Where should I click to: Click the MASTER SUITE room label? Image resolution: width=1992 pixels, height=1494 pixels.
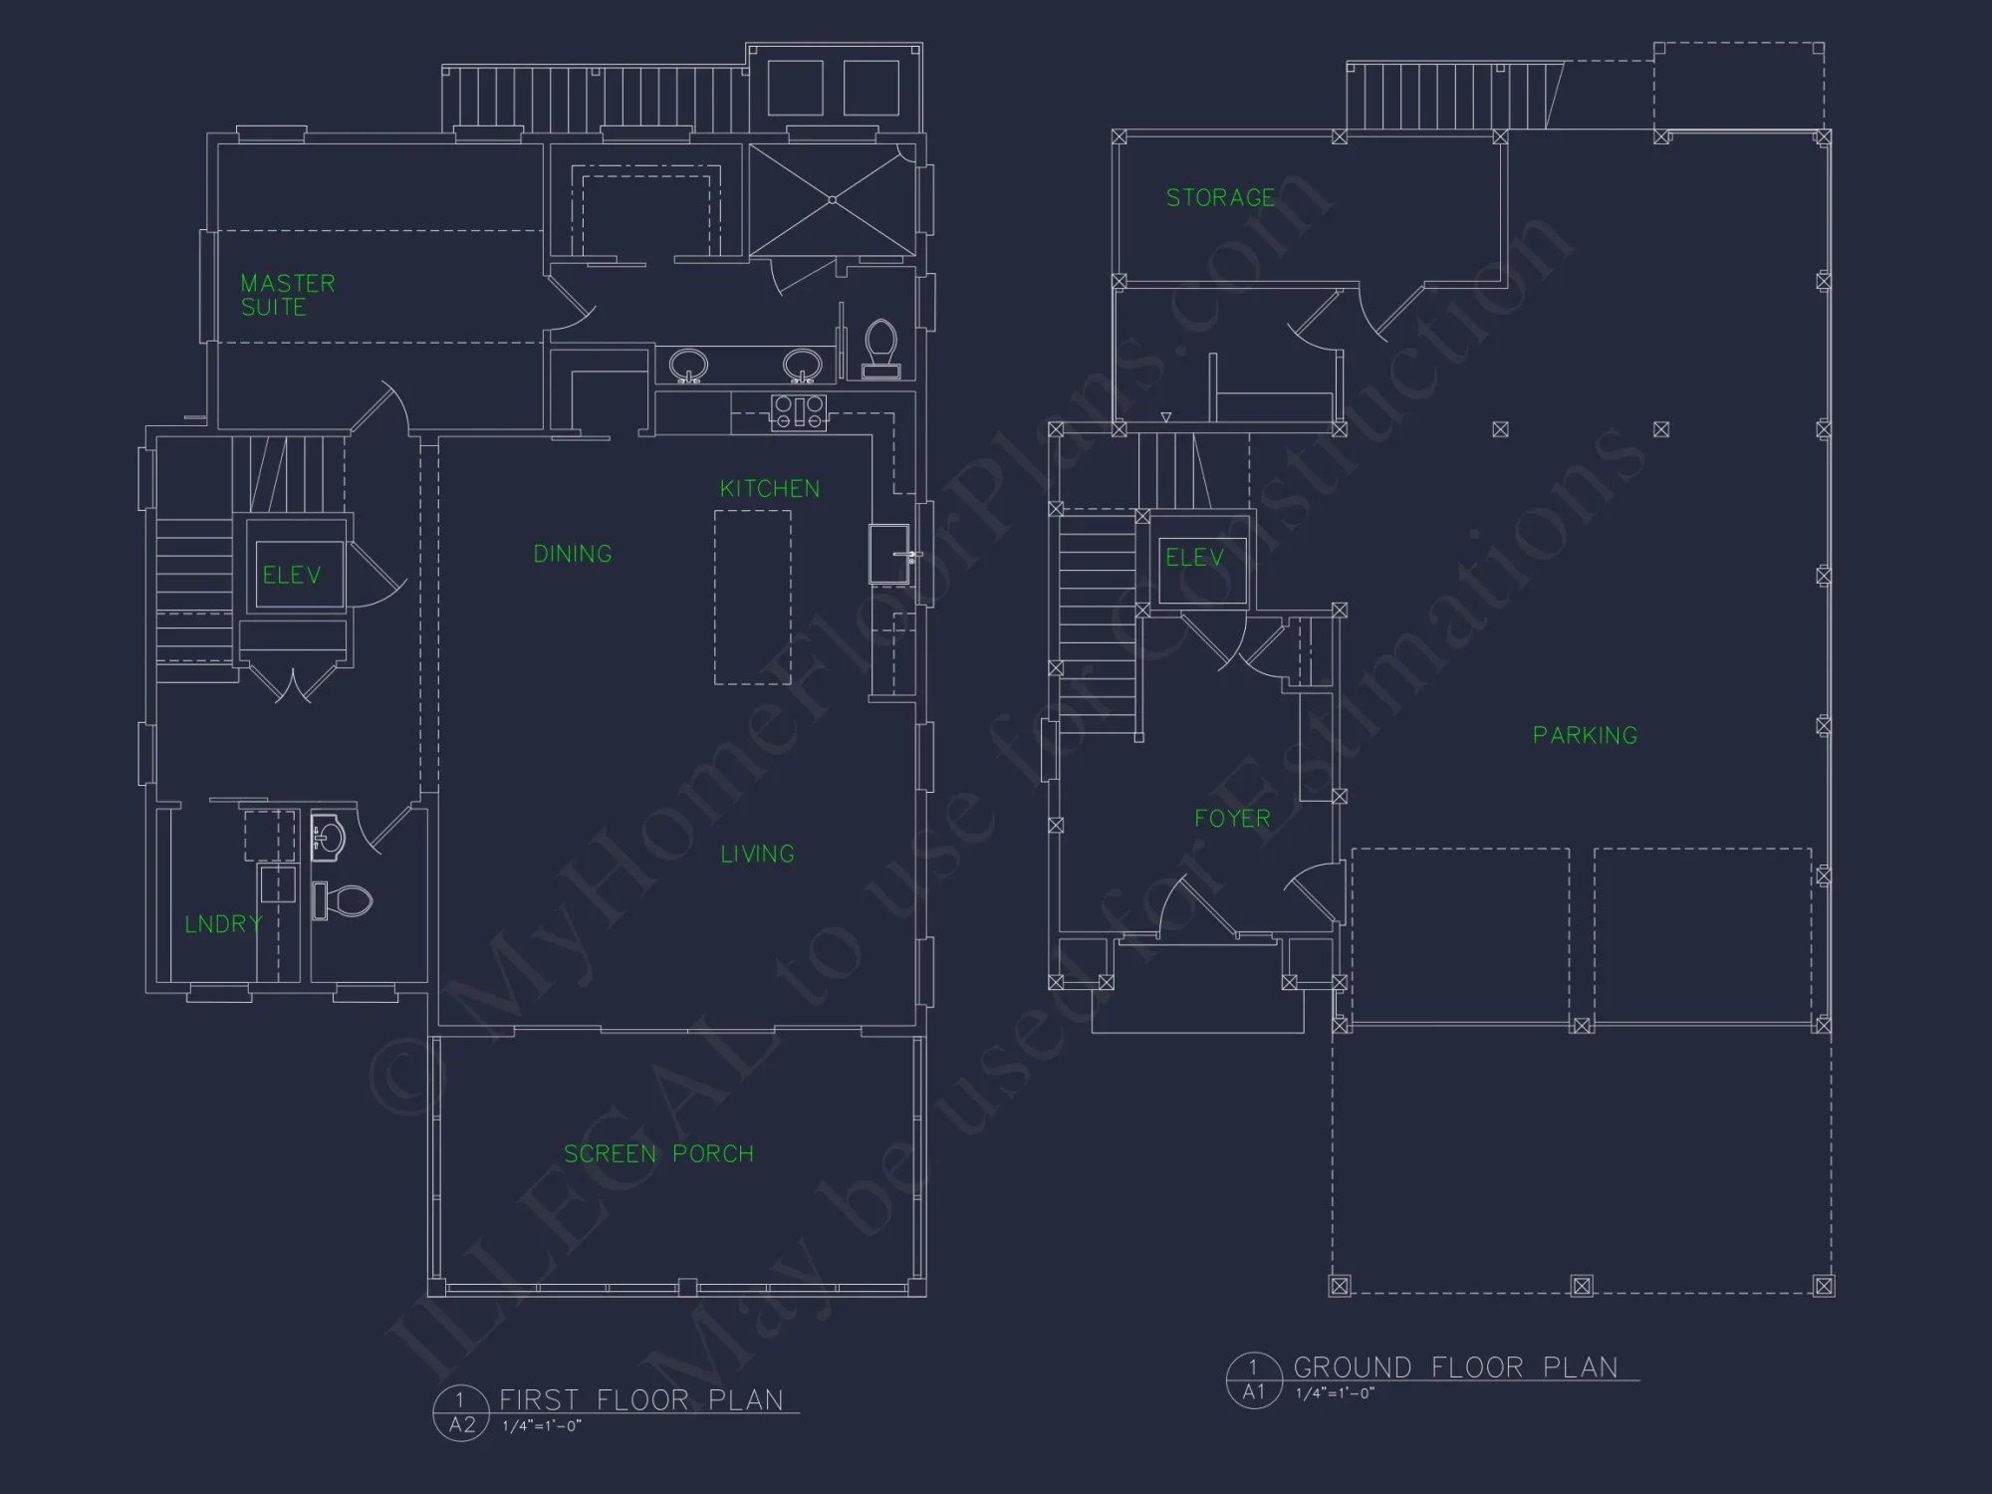pyautogui.click(x=288, y=295)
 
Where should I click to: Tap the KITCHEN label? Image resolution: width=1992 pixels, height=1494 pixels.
pyautogui.click(x=770, y=489)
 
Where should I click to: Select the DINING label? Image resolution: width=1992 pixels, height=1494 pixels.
pyautogui.click(x=573, y=554)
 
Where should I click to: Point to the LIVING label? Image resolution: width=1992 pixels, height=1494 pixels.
pyautogui.click(x=757, y=854)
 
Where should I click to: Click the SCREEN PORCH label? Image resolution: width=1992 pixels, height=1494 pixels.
pyautogui.click(x=658, y=1153)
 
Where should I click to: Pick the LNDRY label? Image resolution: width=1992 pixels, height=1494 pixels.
pyautogui.click(x=223, y=923)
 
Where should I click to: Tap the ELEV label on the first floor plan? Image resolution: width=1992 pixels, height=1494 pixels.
pyautogui.click(x=292, y=575)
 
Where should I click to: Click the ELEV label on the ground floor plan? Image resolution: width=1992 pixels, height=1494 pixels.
pyautogui.click(x=1194, y=558)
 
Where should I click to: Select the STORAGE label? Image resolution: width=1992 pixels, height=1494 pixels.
pyautogui.click(x=1220, y=197)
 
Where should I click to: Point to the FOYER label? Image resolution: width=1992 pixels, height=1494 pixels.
pyautogui.click(x=1232, y=819)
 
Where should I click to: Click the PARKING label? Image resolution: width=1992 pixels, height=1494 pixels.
pyautogui.click(x=1585, y=735)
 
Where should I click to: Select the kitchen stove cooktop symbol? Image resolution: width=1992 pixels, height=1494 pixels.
pyautogui.click(x=799, y=411)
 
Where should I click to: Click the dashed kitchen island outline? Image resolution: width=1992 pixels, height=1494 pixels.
pyautogui.click(x=753, y=598)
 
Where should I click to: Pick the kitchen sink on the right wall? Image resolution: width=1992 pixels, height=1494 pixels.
pyautogui.click(x=889, y=554)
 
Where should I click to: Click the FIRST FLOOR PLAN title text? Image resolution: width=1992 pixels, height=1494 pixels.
pyautogui.click(x=641, y=1399)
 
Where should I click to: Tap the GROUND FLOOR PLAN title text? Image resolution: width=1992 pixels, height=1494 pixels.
pyautogui.click(x=1455, y=1367)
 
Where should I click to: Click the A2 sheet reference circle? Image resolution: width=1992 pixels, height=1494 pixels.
pyautogui.click(x=461, y=1412)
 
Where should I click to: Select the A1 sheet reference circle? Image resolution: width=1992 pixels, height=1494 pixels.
pyautogui.click(x=1253, y=1379)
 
